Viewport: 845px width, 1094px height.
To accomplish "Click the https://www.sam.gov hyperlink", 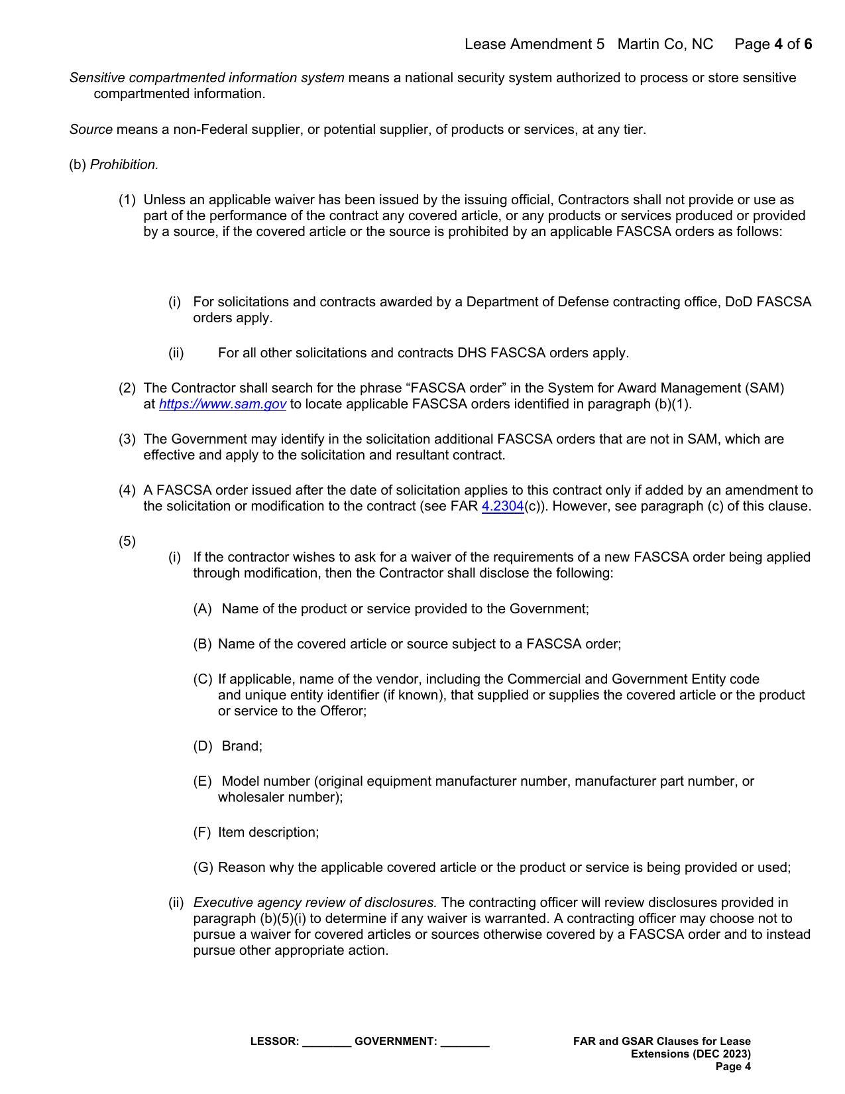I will (x=222, y=404).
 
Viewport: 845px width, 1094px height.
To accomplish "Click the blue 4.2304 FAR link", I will (x=502, y=507).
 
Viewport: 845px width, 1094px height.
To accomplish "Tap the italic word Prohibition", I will (x=124, y=165).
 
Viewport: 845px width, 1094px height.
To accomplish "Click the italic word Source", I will (x=91, y=130).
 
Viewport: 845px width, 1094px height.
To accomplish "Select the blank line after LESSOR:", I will (x=326, y=1042).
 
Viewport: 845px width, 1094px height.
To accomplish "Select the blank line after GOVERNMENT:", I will (x=465, y=1042).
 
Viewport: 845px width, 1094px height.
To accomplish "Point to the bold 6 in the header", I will (x=808, y=44).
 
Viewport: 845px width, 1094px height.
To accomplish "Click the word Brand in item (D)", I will (x=241, y=747).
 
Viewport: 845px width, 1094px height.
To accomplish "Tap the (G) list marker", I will (x=203, y=868).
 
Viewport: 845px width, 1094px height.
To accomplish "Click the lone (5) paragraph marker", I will (x=127, y=542).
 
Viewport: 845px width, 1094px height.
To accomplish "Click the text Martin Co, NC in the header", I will (x=665, y=44).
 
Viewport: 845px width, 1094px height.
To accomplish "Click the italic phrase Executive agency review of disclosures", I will (x=315, y=903).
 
